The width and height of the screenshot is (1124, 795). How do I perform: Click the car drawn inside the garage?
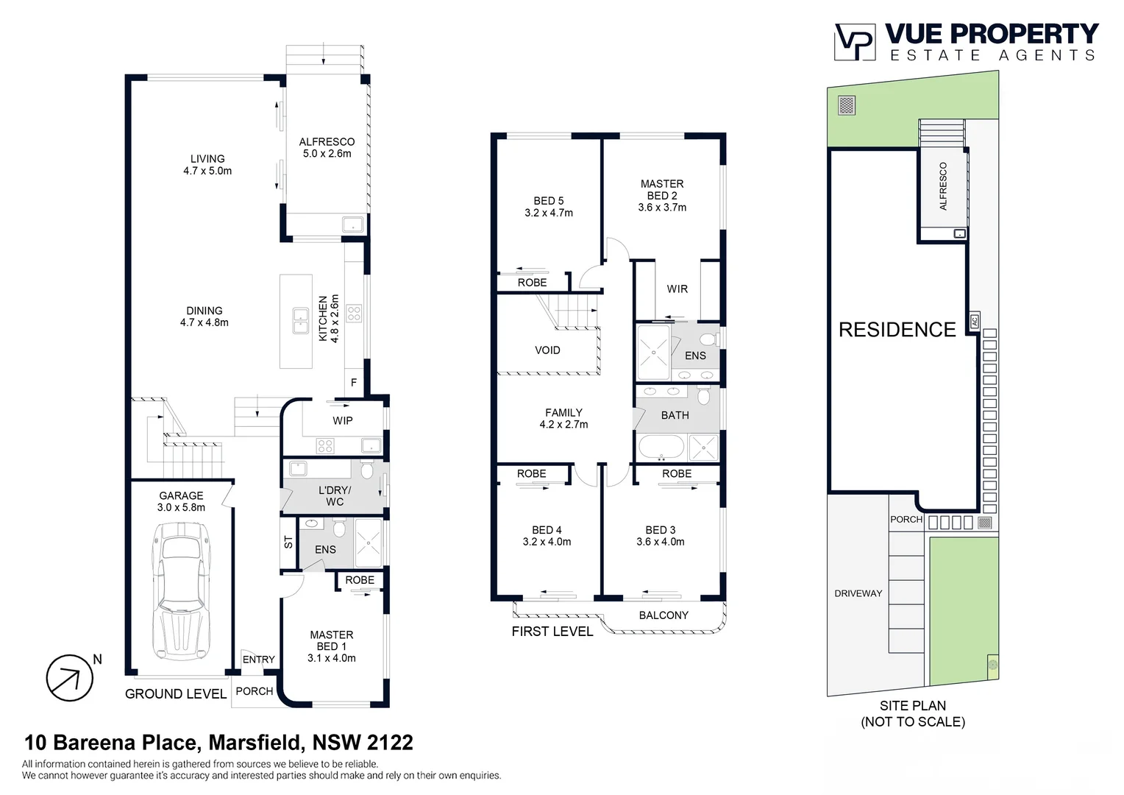click(x=179, y=591)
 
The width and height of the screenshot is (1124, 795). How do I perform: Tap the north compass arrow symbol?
click(x=70, y=678)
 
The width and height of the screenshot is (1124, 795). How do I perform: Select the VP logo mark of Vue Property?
click(x=854, y=42)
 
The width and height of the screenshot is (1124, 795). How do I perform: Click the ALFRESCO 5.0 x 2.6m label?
click(x=327, y=147)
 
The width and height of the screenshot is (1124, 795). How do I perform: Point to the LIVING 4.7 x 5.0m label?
click(x=207, y=164)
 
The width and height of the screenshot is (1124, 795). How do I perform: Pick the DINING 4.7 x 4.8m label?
click(x=204, y=317)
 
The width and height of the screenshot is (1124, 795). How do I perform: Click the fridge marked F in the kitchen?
click(x=354, y=383)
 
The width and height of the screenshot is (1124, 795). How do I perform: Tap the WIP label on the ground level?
click(x=343, y=420)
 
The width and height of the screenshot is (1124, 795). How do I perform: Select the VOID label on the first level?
click(x=547, y=350)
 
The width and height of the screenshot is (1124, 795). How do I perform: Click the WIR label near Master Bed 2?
click(x=677, y=289)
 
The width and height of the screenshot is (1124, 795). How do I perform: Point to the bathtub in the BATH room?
click(x=660, y=446)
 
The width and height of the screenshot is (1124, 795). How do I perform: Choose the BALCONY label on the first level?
click(x=664, y=615)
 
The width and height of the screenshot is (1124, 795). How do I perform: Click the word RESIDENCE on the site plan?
click(x=897, y=330)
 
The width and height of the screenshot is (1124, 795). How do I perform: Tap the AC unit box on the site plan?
click(x=974, y=321)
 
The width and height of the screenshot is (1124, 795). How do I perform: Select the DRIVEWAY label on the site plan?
click(x=858, y=593)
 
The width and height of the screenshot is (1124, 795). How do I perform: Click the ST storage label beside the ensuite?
click(x=288, y=543)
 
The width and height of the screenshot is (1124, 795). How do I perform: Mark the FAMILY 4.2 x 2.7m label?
click(x=563, y=418)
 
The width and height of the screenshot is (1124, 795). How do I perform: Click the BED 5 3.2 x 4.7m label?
click(x=549, y=207)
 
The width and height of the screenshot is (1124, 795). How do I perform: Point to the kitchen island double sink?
click(x=299, y=321)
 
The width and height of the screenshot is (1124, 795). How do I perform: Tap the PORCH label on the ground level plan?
click(x=255, y=691)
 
